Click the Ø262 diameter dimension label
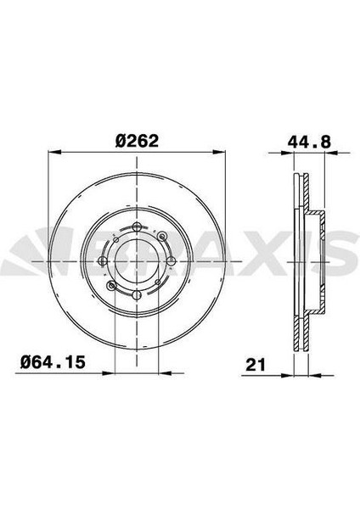point(137,141)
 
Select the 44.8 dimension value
point(309,142)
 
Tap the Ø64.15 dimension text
point(53,362)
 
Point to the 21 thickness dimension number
point(256,365)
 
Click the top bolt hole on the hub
point(137,227)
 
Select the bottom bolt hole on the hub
point(137,294)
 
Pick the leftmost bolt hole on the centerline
point(103,261)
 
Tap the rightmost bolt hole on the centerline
point(171,260)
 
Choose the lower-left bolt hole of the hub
point(112,286)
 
